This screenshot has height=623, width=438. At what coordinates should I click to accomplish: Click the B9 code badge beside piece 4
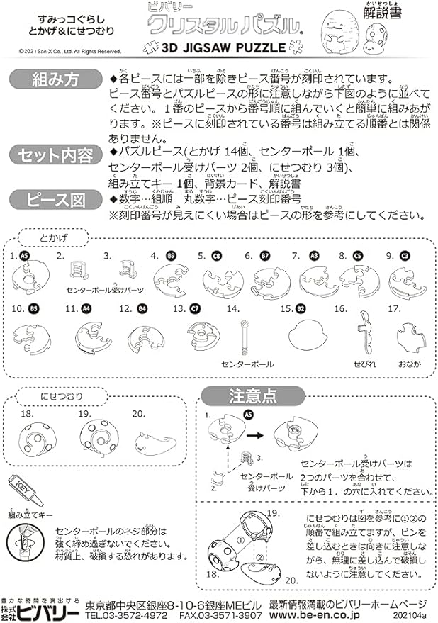(170, 256)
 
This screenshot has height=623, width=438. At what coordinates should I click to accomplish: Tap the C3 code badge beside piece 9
(405, 256)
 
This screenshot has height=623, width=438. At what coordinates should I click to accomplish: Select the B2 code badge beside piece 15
(301, 309)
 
